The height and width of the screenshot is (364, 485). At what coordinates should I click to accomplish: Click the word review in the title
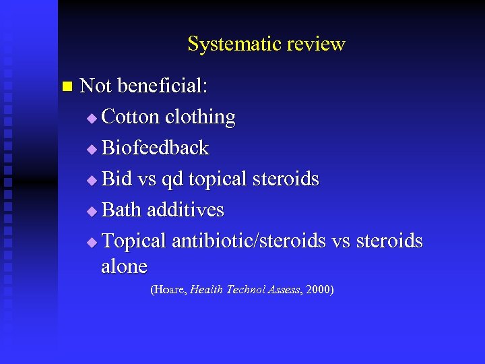[316, 44]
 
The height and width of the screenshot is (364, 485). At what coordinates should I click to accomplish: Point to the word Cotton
[131, 117]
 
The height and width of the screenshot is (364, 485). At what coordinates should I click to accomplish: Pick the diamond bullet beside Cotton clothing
[92, 119]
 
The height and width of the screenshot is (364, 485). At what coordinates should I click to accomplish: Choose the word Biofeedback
[155, 148]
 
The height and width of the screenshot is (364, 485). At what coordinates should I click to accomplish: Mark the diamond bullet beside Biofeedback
[92, 150]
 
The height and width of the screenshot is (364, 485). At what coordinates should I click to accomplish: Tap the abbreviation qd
[173, 180]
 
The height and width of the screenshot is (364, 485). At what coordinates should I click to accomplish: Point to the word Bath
[121, 210]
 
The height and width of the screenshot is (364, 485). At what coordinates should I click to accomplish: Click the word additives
[185, 210]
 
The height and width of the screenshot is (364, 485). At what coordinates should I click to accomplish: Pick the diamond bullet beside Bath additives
[92, 212]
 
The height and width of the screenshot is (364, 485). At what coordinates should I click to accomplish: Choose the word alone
[124, 266]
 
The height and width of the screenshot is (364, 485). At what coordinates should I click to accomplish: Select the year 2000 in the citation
[318, 290]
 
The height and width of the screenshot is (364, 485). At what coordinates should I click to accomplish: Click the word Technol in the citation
[249, 290]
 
